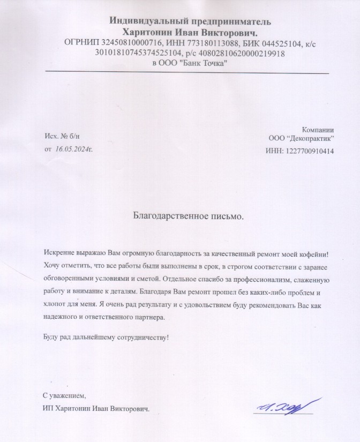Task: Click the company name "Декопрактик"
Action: (x=311, y=138)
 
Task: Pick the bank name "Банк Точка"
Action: (x=198, y=63)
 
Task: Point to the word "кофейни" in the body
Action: (x=313, y=253)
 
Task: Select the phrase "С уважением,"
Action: (x=64, y=396)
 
